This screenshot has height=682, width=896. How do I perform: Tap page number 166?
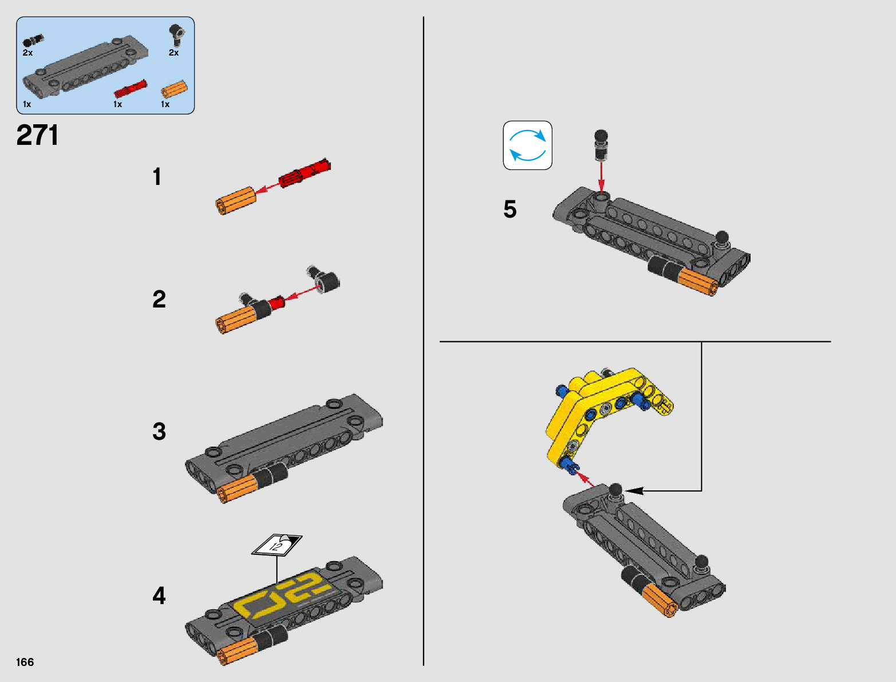[x=25, y=662]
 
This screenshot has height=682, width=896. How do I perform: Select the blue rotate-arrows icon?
[x=527, y=145]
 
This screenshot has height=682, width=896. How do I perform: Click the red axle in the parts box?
[x=130, y=89]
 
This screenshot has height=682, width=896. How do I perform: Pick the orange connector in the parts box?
[x=174, y=89]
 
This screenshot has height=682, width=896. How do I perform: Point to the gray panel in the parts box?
[x=85, y=66]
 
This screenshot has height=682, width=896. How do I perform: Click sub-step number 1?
[x=157, y=177]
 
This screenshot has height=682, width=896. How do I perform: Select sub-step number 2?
[x=159, y=299]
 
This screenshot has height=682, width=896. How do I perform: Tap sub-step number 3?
[x=159, y=431]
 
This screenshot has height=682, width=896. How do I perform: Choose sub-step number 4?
[x=159, y=596]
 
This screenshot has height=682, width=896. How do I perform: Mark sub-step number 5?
[x=510, y=209]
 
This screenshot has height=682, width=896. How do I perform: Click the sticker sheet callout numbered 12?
[x=277, y=545]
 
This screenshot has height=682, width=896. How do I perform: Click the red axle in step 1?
[x=305, y=173]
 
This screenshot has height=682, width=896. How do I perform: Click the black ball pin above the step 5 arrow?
[x=601, y=145]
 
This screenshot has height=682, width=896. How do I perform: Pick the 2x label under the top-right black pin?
[x=173, y=53]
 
